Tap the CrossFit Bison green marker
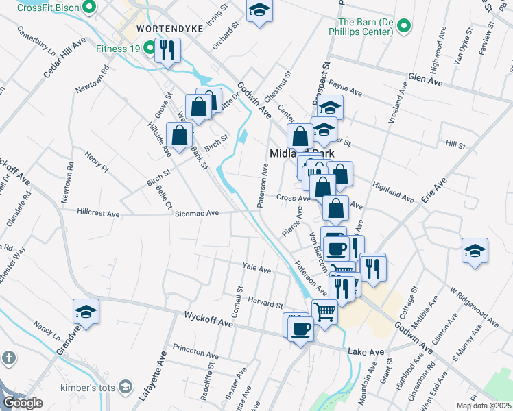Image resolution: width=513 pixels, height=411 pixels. point(88,8)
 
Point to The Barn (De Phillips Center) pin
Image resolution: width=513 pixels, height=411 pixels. point(405,27)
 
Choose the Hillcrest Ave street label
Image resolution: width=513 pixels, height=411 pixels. point(98,214)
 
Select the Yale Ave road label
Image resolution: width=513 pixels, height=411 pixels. point(258,267)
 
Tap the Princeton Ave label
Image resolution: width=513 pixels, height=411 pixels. point(195,353)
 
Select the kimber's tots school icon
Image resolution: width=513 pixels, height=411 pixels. point(125,388)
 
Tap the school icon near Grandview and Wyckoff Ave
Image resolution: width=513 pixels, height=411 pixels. point(86,312)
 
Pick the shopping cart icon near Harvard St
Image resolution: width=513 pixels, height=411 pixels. point(325,311)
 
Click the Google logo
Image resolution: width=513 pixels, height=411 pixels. point(23,403)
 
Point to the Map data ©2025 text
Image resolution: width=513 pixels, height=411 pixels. point(484,406)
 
